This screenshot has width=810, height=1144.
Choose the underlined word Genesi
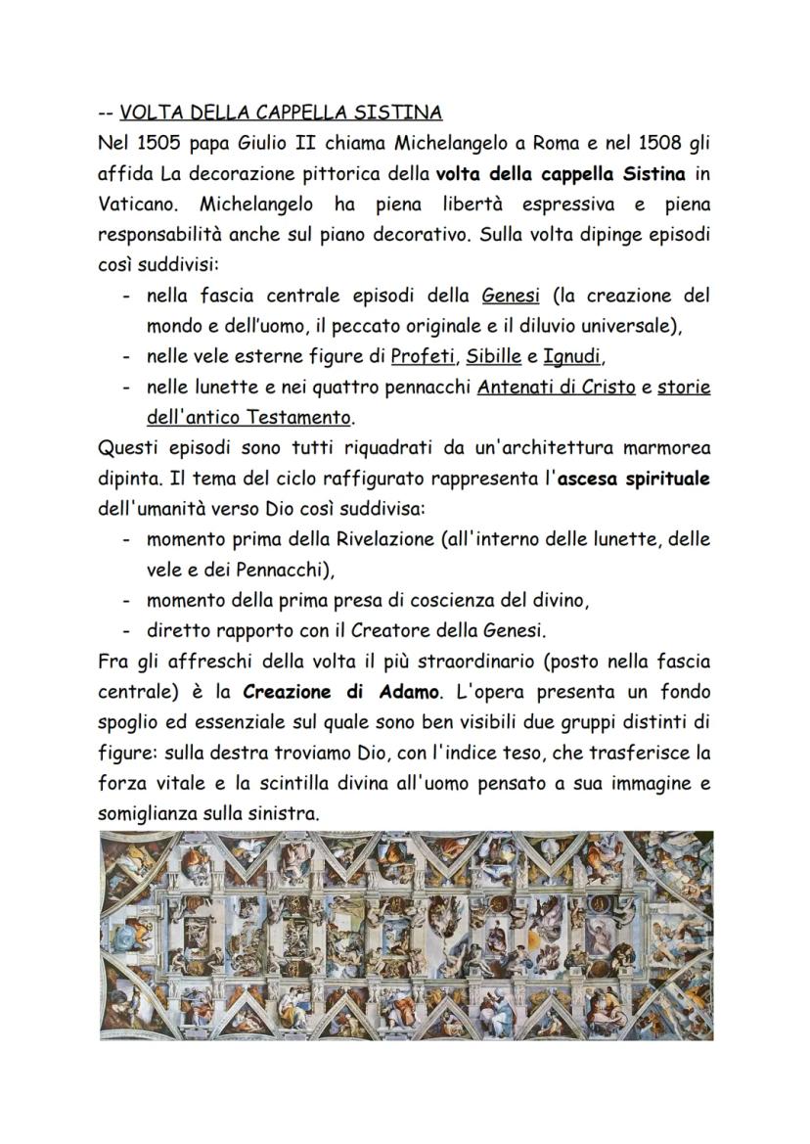coord(511,295)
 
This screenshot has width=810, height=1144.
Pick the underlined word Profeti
coord(423,356)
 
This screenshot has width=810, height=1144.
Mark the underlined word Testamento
coord(296,418)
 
